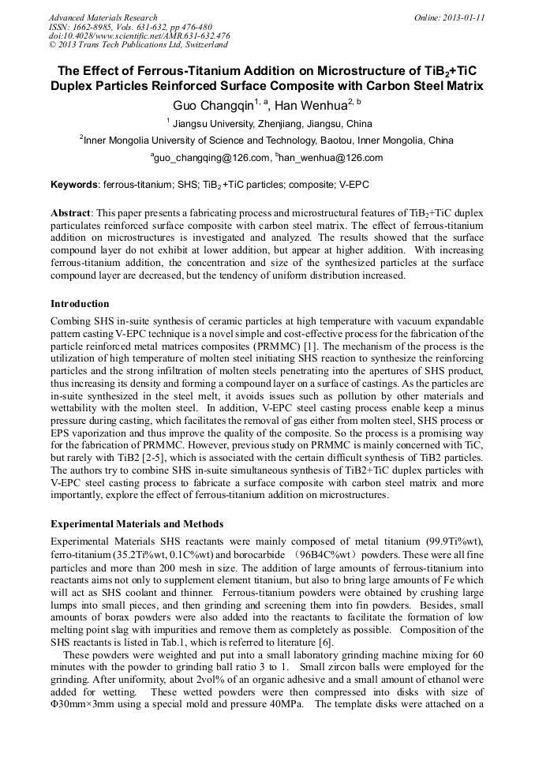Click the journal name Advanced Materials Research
(103, 17)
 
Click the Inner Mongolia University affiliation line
(268, 141)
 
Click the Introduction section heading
(80, 304)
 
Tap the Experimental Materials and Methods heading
(137, 524)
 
